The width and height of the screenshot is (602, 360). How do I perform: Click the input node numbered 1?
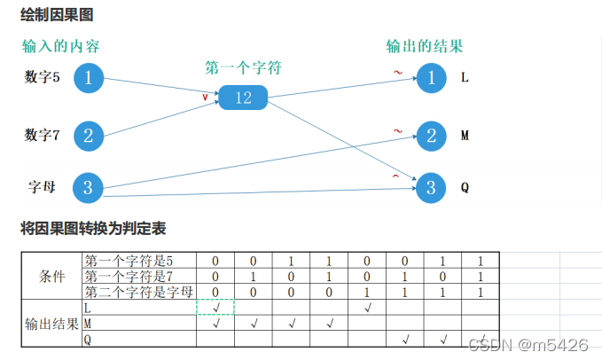coord(88,78)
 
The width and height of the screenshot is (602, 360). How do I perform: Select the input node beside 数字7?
coord(88,136)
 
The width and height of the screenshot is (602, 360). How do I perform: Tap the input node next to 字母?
coord(88,187)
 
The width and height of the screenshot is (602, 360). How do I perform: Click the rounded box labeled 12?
coord(244,98)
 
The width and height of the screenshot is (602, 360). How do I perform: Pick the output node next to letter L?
coord(432,78)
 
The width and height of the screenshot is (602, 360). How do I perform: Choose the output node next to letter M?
coord(432,136)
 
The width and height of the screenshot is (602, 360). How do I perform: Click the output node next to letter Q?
coord(432,187)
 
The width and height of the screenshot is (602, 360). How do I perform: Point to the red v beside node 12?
coord(206,97)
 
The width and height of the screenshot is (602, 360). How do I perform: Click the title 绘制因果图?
coord(57,15)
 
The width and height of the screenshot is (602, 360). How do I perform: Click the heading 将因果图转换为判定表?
coord(93,228)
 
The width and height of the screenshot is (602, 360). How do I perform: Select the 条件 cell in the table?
coord(52,276)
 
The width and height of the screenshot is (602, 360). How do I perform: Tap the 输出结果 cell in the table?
coord(52,323)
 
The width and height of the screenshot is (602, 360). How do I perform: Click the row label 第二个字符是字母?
coord(138,292)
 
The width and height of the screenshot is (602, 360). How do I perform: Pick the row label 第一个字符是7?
coord(129,276)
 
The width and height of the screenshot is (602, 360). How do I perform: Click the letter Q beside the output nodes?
coord(465,188)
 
